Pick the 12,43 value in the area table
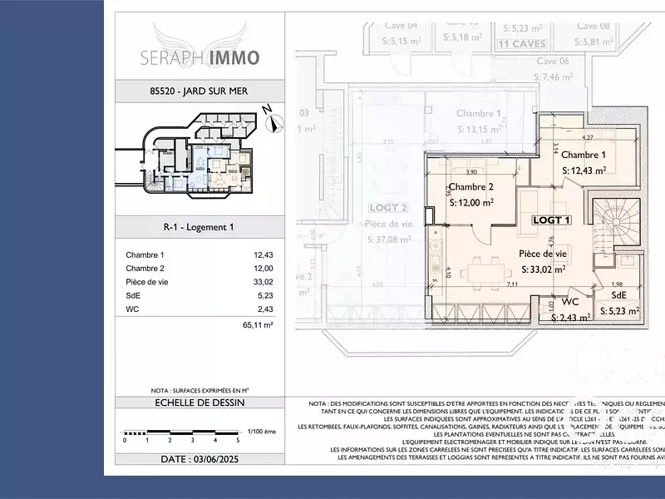[263, 255]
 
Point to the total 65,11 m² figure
[257, 325]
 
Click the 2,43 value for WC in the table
[264, 309]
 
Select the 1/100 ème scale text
[261, 432]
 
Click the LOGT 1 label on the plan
[551, 220]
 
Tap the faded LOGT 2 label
[388, 208]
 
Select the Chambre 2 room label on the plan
[471, 187]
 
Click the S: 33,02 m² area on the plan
[544, 269]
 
